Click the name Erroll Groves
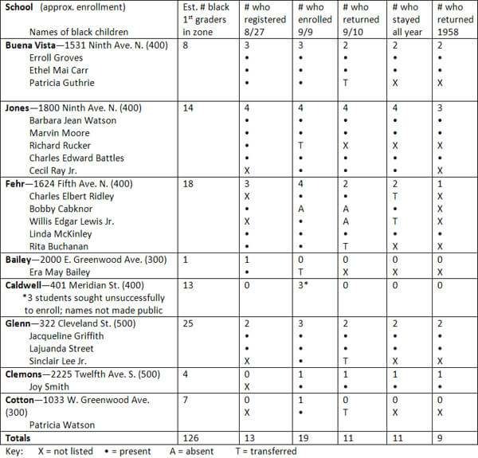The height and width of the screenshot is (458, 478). [57, 58]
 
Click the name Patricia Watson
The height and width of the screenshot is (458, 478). [62, 425]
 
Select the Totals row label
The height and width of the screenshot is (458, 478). [20, 438]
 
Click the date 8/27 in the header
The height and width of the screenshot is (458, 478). [253, 32]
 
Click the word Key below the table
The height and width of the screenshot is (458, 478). [14, 451]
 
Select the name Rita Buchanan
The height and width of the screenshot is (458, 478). [60, 246]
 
